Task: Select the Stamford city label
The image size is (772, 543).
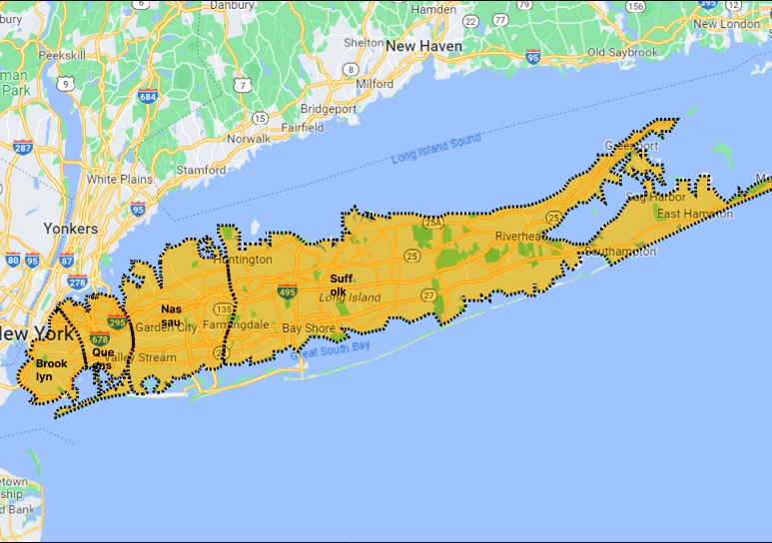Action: pyautogui.click(x=202, y=170)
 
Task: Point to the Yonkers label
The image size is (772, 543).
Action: pyautogui.click(x=71, y=228)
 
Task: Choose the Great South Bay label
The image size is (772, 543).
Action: pyautogui.click(x=331, y=349)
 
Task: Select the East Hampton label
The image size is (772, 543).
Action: pyautogui.click(x=695, y=215)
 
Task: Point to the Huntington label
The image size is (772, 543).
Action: pyautogui.click(x=243, y=260)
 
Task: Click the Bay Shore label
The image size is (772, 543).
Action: pyautogui.click(x=308, y=327)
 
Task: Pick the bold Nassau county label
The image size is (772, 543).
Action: pyautogui.click(x=172, y=315)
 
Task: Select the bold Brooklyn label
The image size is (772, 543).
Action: pyautogui.click(x=51, y=370)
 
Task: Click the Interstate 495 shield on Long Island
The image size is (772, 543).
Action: pyautogui.click(x=287, y=292)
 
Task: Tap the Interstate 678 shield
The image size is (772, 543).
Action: pyautogui.click(x=99, y=339)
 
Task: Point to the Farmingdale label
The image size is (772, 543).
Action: pyautogui.click(x=235, y=325)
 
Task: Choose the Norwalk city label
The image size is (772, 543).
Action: pyautogui.click(x=248, y=139)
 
